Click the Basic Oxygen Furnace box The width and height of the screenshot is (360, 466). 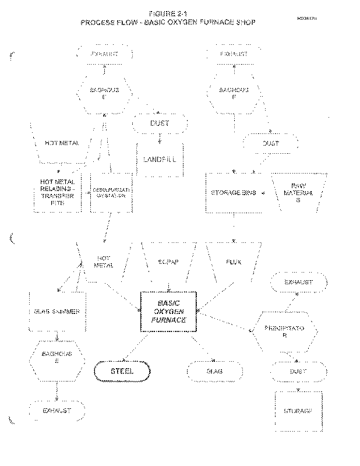pos(169,312)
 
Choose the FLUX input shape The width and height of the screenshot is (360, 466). pos(233,262)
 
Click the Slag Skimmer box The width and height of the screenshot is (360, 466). pos(57,311)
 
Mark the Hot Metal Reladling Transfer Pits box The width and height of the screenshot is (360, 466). pos(57,192)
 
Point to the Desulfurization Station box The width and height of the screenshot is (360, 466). pos(111,192)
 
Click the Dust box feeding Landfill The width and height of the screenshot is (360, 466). pos(160,123)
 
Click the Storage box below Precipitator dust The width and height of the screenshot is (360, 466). pos(298,410)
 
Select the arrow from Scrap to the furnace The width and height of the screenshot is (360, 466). pos(169,284)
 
